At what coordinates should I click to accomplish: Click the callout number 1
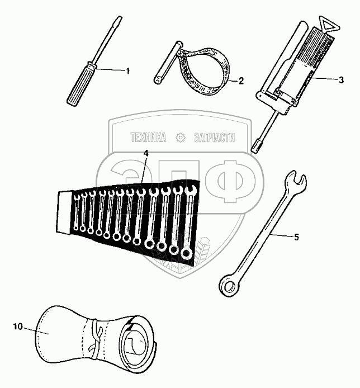tap(127, 71)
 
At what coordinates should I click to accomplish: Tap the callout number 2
tap(241, 81)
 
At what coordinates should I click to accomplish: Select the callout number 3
tap(341, 80)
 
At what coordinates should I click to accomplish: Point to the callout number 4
tap(146, 153)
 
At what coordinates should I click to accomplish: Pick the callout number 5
tap(296, 237)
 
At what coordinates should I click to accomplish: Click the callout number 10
tap(18, 327)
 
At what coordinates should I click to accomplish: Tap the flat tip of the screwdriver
tap(120, 18)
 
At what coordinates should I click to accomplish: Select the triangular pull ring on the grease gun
tap(329, 25)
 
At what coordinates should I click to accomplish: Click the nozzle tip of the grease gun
tap(255, 149)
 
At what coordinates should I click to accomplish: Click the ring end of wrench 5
tap(229, 287)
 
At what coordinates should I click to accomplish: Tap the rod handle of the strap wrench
tap(168, 63)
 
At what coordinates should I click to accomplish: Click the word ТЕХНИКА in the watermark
tap(148, 138)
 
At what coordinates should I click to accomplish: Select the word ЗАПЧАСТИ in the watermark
tap(214, 138)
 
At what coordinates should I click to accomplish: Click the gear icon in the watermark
tap(180, 138)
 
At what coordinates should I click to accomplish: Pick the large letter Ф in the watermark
tap(237, 181)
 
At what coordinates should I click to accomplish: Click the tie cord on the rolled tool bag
tap(95, 338)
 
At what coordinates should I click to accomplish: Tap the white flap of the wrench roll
tap(64, 211)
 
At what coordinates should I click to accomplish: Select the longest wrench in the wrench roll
tap(189, 223)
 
